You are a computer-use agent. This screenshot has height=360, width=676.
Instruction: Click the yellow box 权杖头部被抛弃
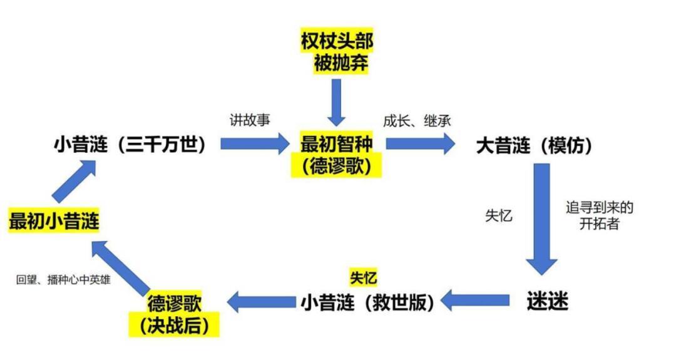coord(337,53)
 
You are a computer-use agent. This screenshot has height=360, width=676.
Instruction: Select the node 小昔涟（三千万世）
coord(130,145)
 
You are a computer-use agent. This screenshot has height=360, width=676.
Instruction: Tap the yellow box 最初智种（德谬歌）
coord(337,155)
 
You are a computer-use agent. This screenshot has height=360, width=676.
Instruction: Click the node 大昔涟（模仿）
coord(534,145)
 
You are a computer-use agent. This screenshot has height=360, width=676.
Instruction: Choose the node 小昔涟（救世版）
coord(367,302)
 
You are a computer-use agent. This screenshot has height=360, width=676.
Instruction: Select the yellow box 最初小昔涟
coord(54,221)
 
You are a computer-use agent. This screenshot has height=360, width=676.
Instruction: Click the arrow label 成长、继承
coord(417,120)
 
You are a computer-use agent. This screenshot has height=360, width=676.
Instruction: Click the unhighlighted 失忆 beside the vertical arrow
coord(499,215)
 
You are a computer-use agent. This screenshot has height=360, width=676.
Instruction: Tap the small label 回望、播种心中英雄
coord(63,280)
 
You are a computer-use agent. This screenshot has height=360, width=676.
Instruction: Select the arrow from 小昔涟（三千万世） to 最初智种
coord(252,145)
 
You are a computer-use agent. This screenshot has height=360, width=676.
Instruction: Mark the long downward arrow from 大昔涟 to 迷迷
coord(541,219)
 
